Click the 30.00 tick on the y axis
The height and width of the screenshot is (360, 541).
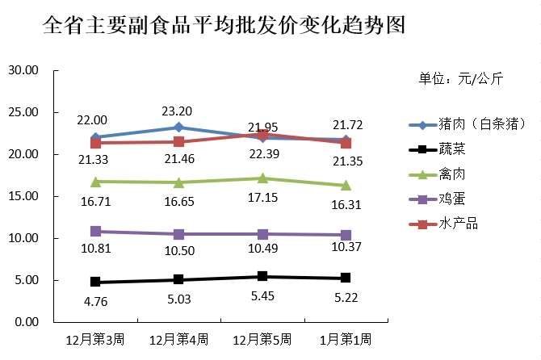[x=23, y=70]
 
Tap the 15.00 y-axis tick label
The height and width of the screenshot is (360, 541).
[x=23, y=196]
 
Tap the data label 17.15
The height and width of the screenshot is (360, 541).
[x=262, y=197]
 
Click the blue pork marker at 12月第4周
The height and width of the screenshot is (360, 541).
[x=178, y=128]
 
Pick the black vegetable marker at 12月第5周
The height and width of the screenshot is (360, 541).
[x=262, y=276]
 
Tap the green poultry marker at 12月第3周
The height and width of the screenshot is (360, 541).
[x=95, y=182]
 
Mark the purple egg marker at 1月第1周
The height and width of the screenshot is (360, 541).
[x=346, y=235]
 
